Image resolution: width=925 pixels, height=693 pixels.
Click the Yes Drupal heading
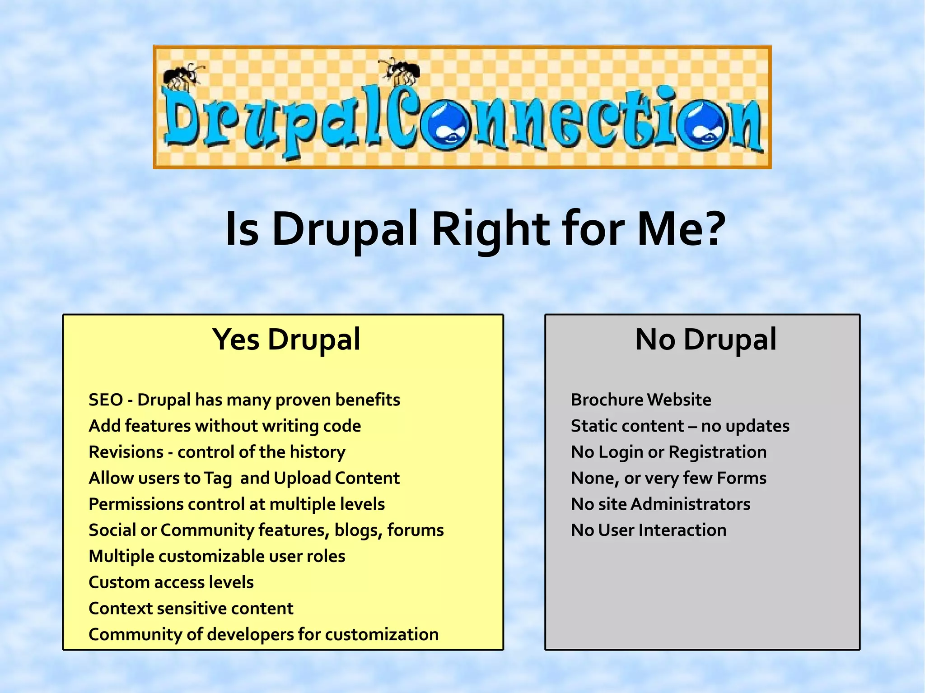(x=286, y=340)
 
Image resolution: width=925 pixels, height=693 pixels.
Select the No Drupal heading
(x=705, y=340)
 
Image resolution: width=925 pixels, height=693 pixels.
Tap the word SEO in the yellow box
(x=106, y=400)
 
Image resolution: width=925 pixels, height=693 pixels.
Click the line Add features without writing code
(x=224, y=426)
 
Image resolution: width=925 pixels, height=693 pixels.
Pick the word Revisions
(x=126, y=452)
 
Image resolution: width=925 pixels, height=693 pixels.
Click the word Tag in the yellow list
(x=218, y=479)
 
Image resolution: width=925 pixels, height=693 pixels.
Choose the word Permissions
(x=136, y=504)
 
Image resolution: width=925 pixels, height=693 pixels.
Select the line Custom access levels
(x=171, y=582)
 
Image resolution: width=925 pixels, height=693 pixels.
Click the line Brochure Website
(x=640, y=400)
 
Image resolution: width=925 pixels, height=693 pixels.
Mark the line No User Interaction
(x=649, y=530)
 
